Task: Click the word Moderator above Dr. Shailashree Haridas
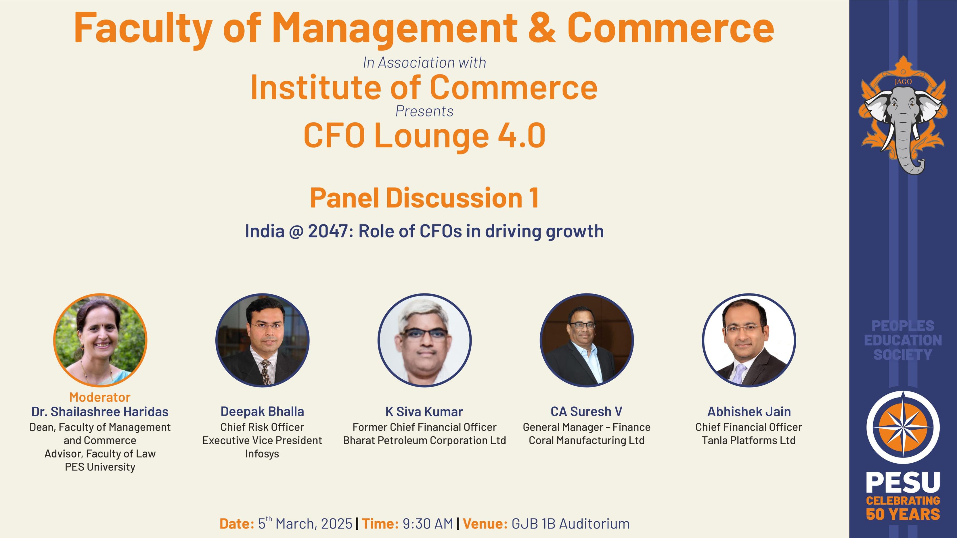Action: pyautogui.click(x=99, y=397)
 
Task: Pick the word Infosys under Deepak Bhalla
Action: pyautogui.click(x=262, y=454)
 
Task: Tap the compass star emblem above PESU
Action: pyautogui.click(x=903, y=427)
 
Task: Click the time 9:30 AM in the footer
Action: pyautogui.click(x=428, y=524)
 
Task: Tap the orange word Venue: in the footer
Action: pyautogui.click(x=485, y=524)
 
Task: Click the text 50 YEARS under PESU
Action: pyautogui.click(x=903, y=515)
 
